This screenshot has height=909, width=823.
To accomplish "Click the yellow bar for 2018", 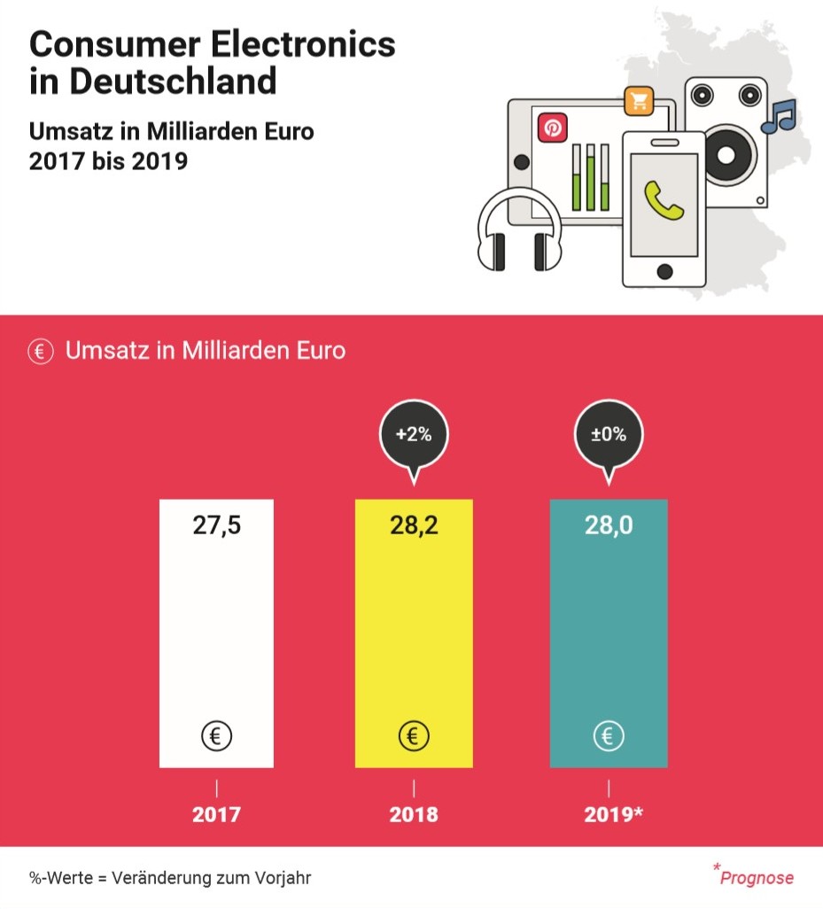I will click(x=414, y=633).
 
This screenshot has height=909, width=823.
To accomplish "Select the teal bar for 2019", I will click(x=609, y=633).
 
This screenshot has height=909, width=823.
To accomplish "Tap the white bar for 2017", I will click(x=217, y=633).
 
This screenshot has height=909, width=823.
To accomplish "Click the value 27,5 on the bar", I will click(x=217, y=525).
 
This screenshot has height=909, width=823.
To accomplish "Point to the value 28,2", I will click(x=414, y=525).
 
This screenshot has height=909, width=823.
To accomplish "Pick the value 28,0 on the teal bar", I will click(x=609, y=525).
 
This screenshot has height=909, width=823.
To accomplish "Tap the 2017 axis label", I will click(x=217, y=814).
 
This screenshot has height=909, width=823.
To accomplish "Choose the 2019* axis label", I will click(x=613, y=814).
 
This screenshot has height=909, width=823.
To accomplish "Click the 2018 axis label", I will click(x=414, y=814).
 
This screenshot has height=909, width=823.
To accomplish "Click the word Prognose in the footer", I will click(x=757, y=878).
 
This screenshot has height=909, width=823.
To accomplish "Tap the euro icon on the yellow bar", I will click(x=414, y=735).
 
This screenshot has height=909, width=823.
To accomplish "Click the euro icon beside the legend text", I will click(x=39, y=351).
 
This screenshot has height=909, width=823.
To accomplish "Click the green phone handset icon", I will click(x=664, y=200).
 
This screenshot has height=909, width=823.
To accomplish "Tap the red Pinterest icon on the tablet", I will click(x=552, y=128).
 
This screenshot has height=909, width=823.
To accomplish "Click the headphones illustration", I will click(x=518, y=232).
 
